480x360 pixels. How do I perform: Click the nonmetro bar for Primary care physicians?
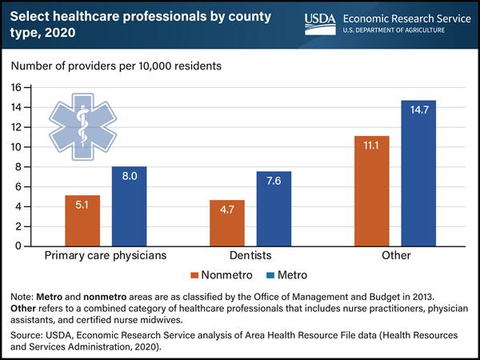pyautogui.click(x=82, y=220)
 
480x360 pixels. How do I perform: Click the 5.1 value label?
pyautogui.click(x=82, y=205)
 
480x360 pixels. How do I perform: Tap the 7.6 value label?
pyautogui.click(x=274, y=180)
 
